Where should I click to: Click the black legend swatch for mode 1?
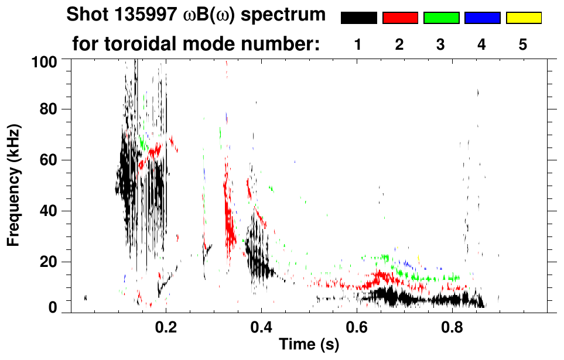point(358,18)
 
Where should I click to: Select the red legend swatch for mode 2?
point(400,18)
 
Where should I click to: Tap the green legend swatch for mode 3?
point(441,18)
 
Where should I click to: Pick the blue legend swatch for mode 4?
point(482,18)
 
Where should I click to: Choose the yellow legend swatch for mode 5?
point(524,18)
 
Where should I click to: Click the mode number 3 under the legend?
point(441,44)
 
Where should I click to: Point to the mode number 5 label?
point(524,44)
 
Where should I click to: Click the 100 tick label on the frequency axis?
point(44,60)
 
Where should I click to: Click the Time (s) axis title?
point(309,345)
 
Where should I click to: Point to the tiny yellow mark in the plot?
point(419,258)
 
